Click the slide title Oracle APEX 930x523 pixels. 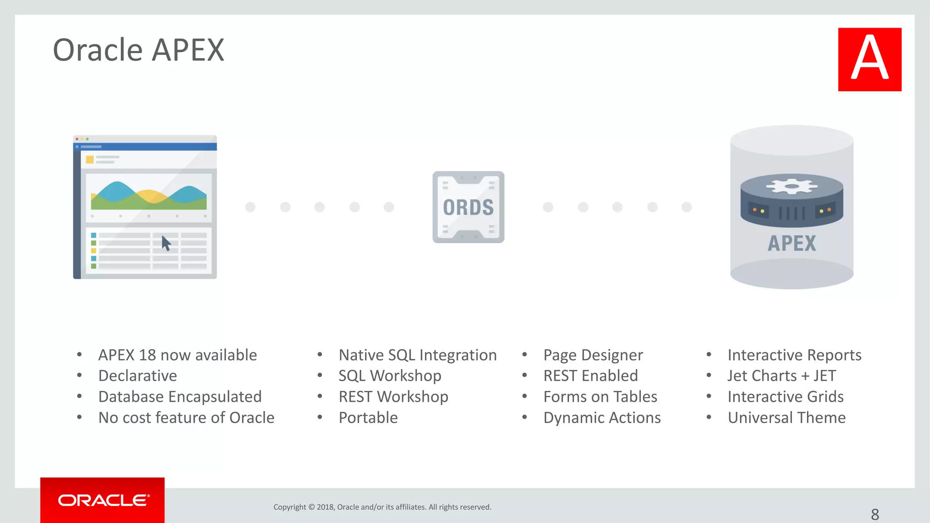coord(139,50)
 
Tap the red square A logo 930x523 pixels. coord(870,59)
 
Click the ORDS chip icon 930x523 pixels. coord(468,207)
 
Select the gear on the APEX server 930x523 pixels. coord(791,186)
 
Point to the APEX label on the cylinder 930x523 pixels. coord(791,243)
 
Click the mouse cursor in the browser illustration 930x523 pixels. coord(166,243)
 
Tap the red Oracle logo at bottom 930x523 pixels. coord(103,500)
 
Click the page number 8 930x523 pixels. coord(875,514)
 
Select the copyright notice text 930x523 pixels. coord(382,507)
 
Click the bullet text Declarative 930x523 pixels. coord(138,376)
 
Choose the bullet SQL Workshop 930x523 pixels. coord(390,376)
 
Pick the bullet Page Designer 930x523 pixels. coord(593,355)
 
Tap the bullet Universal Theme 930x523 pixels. coord(787,418)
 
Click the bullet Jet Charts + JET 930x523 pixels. coord(782,376)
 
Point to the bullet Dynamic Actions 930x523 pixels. coord(602,418)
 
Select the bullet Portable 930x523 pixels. coord(368,418)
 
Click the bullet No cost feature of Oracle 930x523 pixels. coord(186,418)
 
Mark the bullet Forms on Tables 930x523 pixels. coord(600,397)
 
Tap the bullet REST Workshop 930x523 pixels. coord(393,397)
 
